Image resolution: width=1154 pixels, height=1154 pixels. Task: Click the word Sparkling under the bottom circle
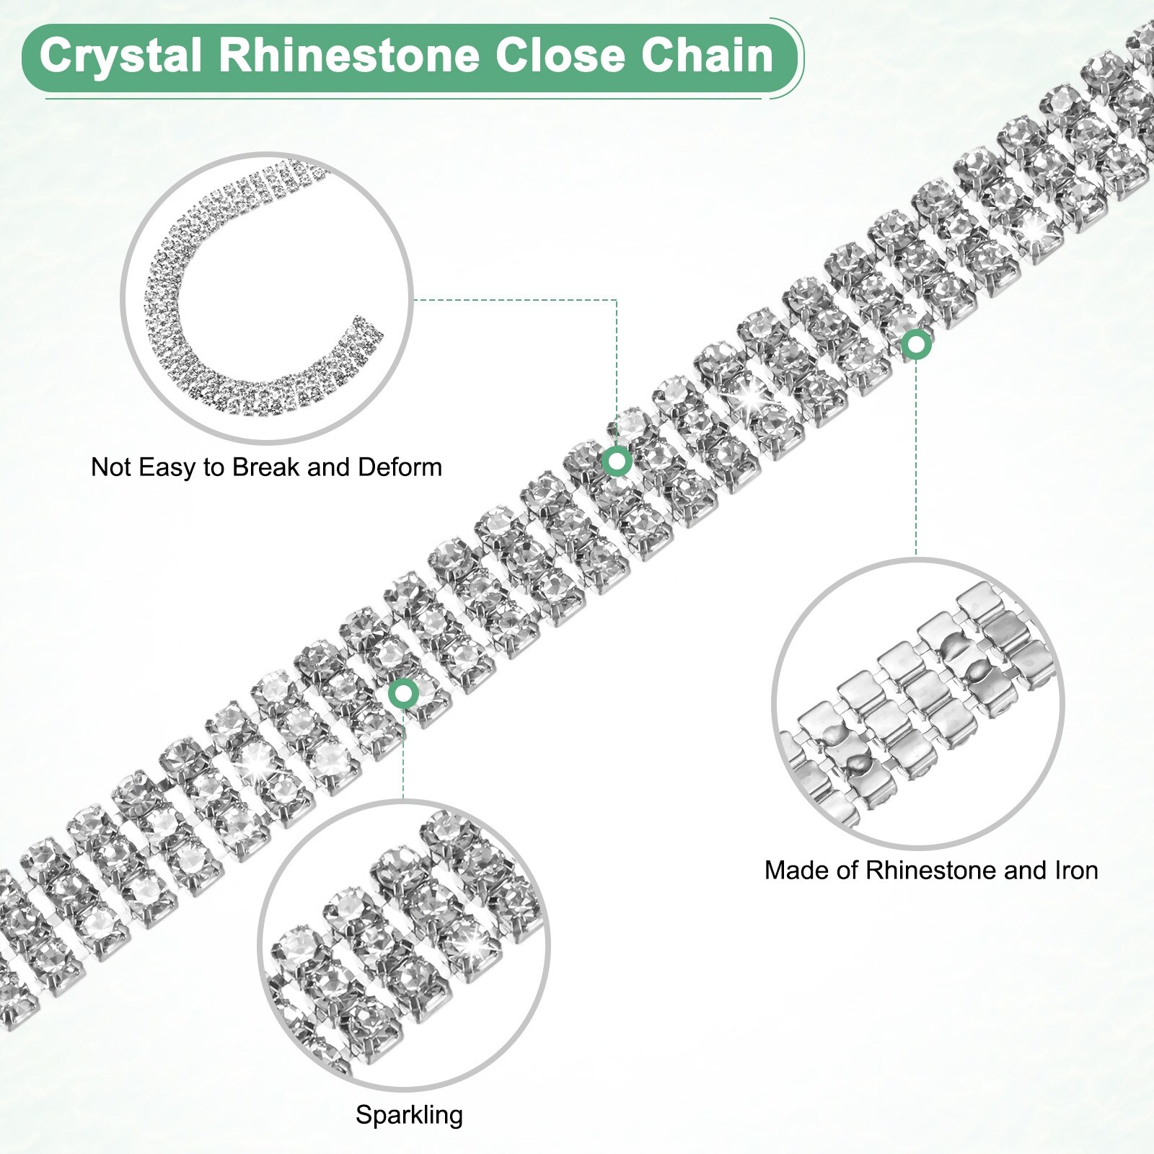409,1115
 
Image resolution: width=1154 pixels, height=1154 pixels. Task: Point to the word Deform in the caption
400,467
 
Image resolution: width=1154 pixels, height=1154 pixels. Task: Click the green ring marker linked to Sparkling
403,694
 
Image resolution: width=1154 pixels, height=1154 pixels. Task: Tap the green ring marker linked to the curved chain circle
617,460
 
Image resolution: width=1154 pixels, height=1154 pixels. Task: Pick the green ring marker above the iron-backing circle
916,345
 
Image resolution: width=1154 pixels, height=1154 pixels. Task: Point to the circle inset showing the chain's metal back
917,703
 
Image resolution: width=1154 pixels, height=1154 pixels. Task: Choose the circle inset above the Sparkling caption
404,945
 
